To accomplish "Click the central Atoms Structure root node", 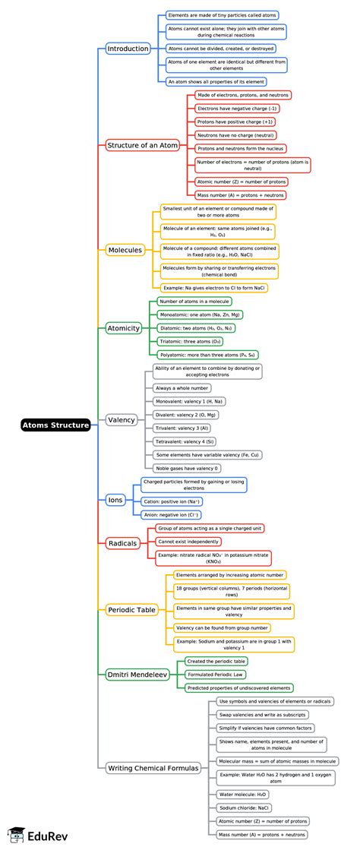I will [55, 425].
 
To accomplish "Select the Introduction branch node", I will [128, 49].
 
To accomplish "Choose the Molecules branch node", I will [125, 250].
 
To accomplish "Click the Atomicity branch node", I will [123, 328].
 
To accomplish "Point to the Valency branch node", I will [122, 420].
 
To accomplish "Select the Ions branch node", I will [115, 501].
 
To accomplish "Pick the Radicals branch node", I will [122, 543].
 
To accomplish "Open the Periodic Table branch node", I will [131, 610].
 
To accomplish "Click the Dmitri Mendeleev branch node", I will [137, 673].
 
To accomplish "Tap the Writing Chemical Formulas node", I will [153, 768].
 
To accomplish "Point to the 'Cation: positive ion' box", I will [172, 501].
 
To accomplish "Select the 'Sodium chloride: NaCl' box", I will [243, 807].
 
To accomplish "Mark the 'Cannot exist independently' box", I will [188, 542].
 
